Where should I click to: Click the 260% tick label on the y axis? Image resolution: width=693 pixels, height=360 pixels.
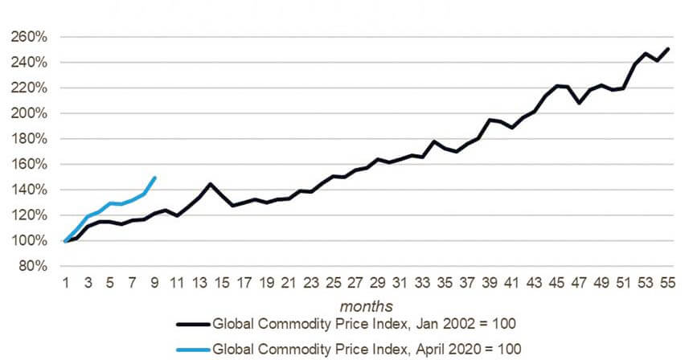[30, 37]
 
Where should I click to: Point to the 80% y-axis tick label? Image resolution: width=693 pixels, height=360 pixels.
[33, 266]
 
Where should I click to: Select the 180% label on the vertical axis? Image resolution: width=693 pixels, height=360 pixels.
[30, 139]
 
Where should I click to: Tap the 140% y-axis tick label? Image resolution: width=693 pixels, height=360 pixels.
[30, 190]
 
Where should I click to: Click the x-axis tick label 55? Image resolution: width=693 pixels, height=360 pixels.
[667, 283]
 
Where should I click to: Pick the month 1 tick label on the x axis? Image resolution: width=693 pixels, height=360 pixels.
[65, 283]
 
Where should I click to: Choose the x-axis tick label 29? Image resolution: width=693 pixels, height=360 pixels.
[377, 283]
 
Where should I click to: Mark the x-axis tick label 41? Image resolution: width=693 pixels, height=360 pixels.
[511, 283]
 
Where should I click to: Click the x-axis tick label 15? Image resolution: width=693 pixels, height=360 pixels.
[221, 283]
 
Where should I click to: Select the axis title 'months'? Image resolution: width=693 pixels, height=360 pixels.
[366, 306]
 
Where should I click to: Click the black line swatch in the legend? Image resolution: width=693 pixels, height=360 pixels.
[193, 325]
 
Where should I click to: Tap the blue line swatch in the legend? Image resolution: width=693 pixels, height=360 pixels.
[193, 349]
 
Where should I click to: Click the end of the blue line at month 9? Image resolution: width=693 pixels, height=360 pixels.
[154, 178]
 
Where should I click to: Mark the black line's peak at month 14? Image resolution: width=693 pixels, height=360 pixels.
[210, 184]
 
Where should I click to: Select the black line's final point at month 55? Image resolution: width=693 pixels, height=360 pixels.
[668, 49]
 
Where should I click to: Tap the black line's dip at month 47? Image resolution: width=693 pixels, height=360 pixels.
[579, 103]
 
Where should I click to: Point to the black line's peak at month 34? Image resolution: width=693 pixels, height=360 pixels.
[433, 141]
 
